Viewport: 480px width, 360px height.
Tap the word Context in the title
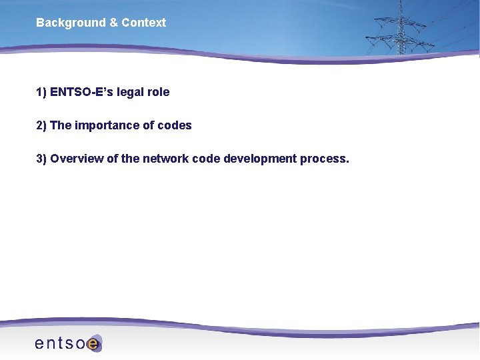[143, 23]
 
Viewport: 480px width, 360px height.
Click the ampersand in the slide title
[113, 23]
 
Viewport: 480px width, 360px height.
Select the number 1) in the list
[41, 92]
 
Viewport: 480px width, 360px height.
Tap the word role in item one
[159, 92]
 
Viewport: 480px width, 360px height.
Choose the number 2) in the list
[41, 125]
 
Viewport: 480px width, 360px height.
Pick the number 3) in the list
[41, 159]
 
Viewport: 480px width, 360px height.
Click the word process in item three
[324, 159]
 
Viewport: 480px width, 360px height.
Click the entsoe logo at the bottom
[67, 343]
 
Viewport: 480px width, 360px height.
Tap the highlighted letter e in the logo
[94, 344]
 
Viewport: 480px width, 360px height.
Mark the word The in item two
[61, 125]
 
